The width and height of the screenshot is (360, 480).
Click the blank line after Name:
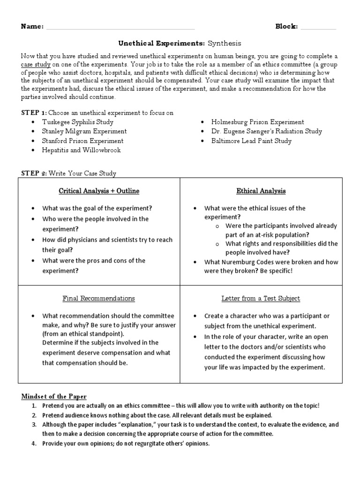[120, 28]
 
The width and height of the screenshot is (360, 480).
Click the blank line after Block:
[318, 28]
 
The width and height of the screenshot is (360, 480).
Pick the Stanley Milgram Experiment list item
[84, 131]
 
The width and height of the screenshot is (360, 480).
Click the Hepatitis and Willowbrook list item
[82, 150]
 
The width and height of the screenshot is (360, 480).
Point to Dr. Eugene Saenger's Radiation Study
[267, 131]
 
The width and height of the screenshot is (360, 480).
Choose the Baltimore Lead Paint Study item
[252, 141]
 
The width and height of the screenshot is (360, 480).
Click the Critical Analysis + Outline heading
[99, 191]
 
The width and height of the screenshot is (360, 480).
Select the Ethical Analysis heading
[261, 191]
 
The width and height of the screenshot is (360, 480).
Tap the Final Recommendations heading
[99, 298]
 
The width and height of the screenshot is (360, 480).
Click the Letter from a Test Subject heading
[261, 298]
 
